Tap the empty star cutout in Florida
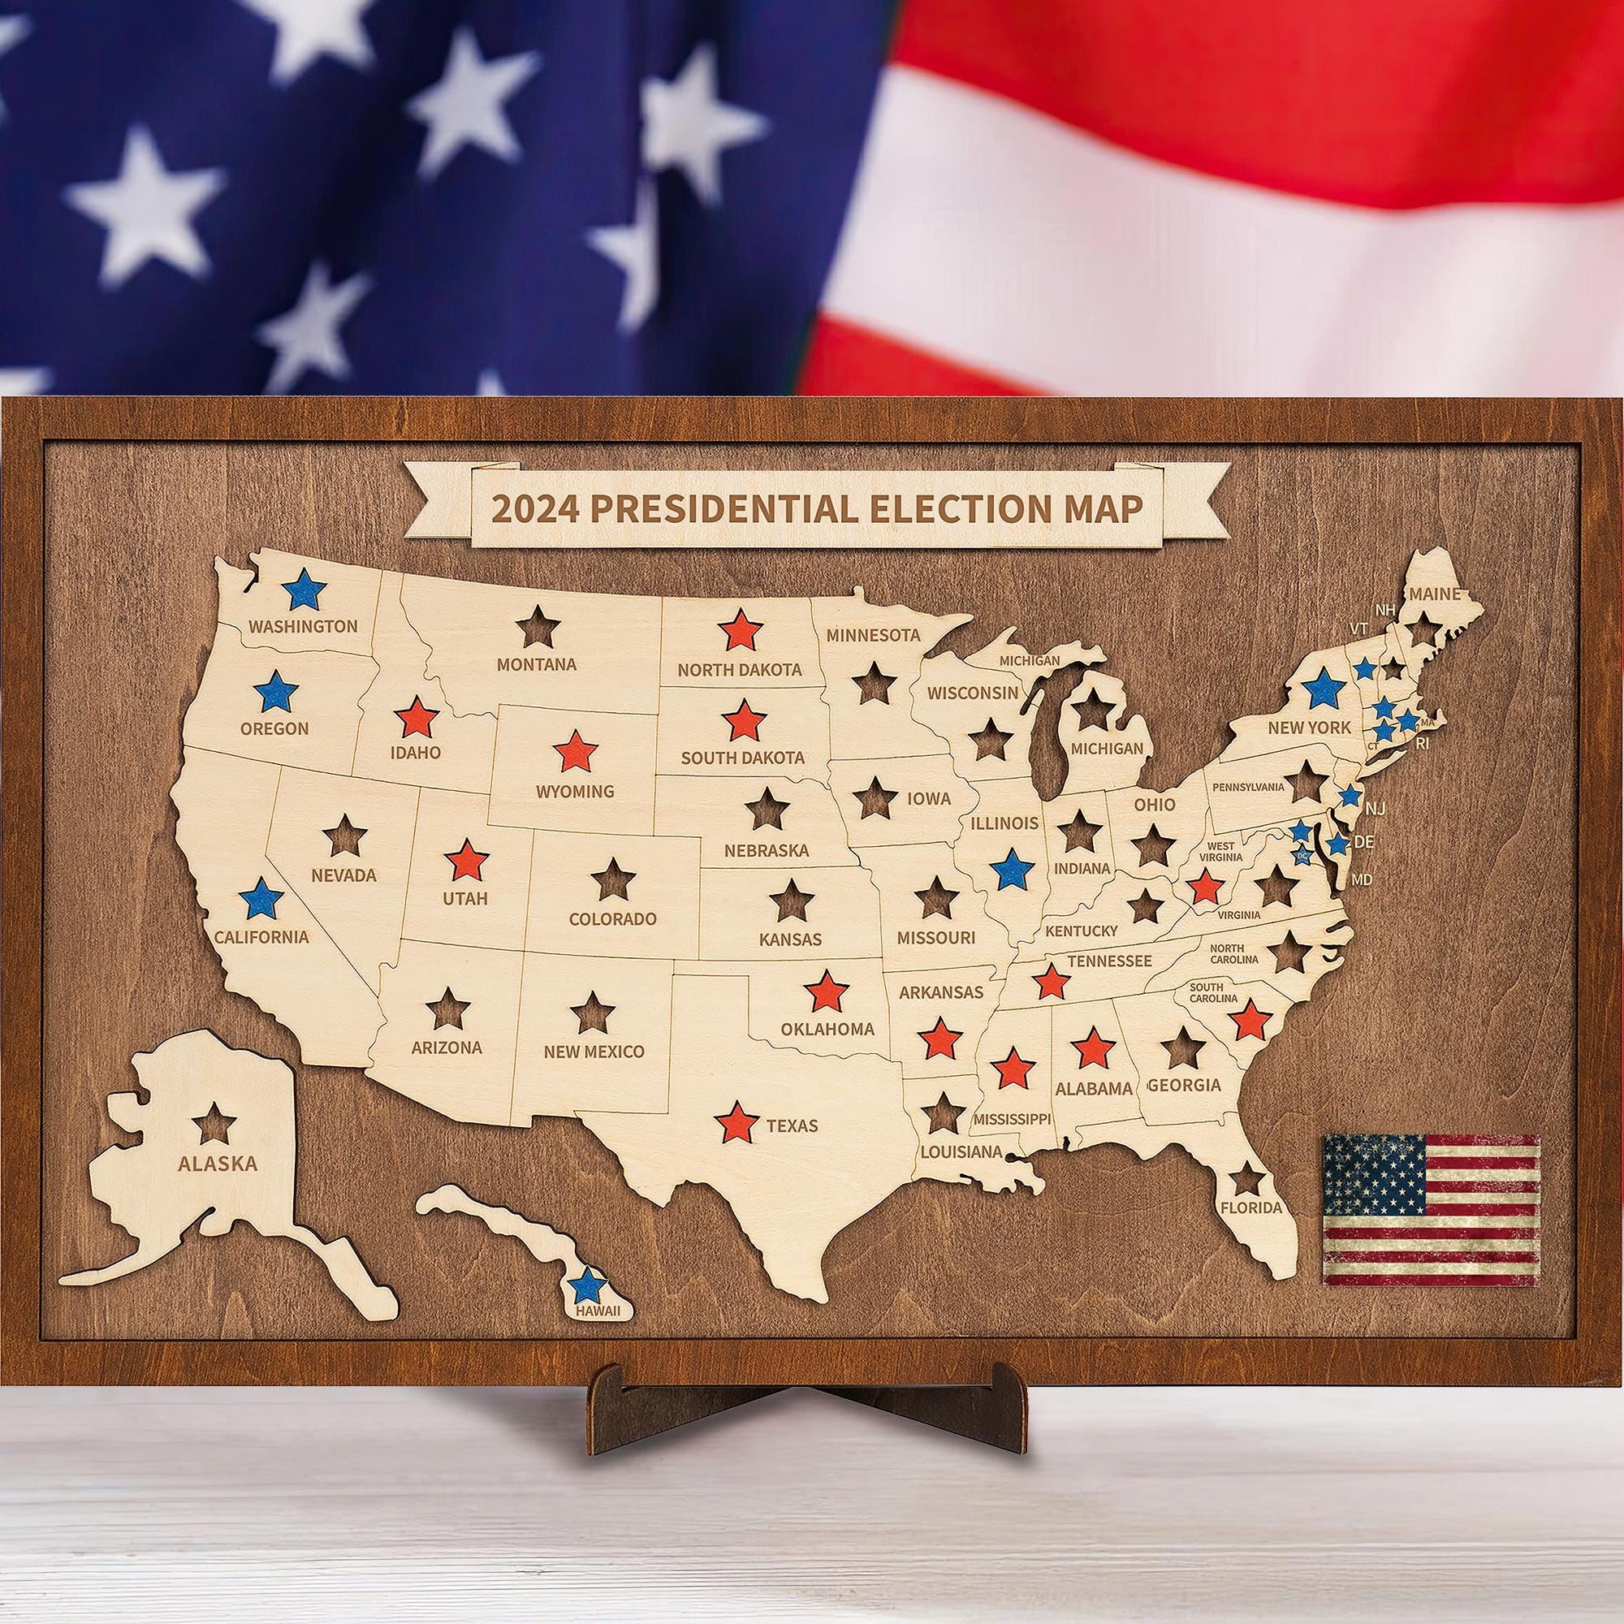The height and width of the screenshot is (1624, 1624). pyautogui.click(x=1247, y=1180)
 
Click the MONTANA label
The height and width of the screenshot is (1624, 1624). pyautogui.click(x=536, y=665)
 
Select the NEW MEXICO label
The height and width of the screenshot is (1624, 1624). pyautogui.click(x=594, y=1052)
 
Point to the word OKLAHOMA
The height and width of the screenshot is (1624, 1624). pyautogui.click(x=827, y=1029)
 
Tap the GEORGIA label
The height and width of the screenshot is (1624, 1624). pyautogui.click(x=1184, y=1085)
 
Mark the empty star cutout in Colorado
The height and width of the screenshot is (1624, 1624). pyautogui.click(x=613, y=879)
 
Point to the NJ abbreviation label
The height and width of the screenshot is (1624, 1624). pyautogui.click(x=1376, y=809)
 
